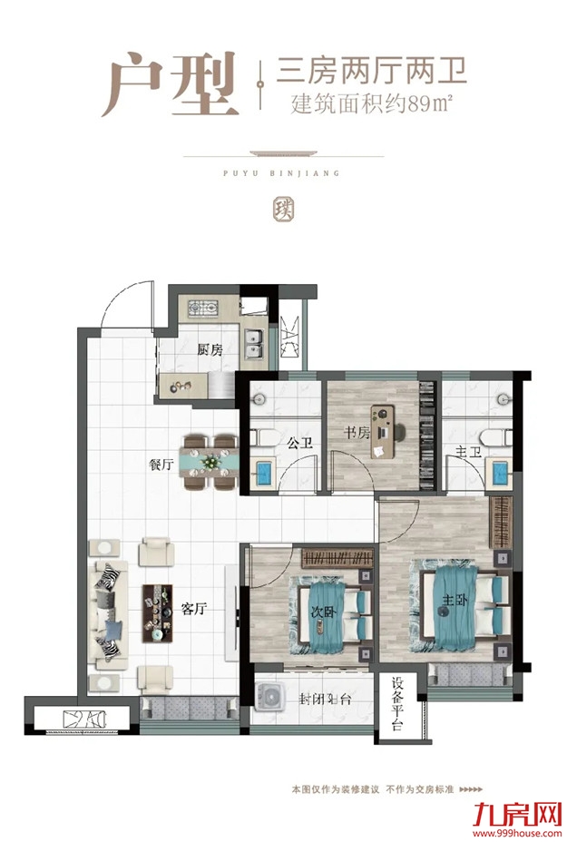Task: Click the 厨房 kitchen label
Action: point(209,350)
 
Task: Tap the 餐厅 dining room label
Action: point(161,464)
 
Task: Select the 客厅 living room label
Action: point(194,609)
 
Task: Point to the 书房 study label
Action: point(357,432)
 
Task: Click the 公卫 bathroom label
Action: point(299,443)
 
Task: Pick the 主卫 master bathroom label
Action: point(468,452)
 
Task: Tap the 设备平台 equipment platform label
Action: point(397,704)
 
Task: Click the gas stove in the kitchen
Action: point(203,308)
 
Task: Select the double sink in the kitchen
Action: point(253,344)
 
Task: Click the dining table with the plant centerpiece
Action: point(210,462)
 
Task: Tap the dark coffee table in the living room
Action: point(157,613)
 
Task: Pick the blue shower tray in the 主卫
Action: point(499,473)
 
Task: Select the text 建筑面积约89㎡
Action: point(370,103)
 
